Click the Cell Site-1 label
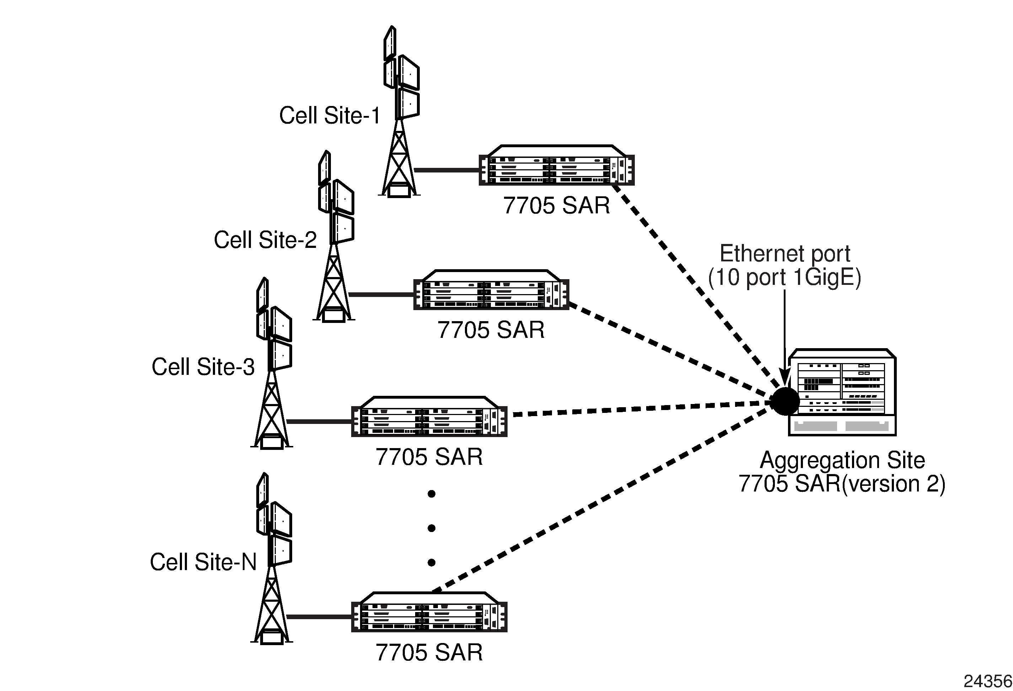coord(329,116)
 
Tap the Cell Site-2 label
coord(265,240)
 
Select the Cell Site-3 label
coord(203,367)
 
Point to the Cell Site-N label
coord(203,562)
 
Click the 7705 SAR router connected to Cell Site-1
coord(557,165)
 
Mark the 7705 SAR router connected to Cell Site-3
coord(429,416)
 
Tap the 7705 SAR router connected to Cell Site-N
coord(429,612)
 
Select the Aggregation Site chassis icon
coord(842,392)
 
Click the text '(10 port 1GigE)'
coord(784,277)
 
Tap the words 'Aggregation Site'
coord(842,460)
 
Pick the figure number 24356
coord(988,681)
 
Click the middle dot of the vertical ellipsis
coord(432,528)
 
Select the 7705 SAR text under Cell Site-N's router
coord(429,653)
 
